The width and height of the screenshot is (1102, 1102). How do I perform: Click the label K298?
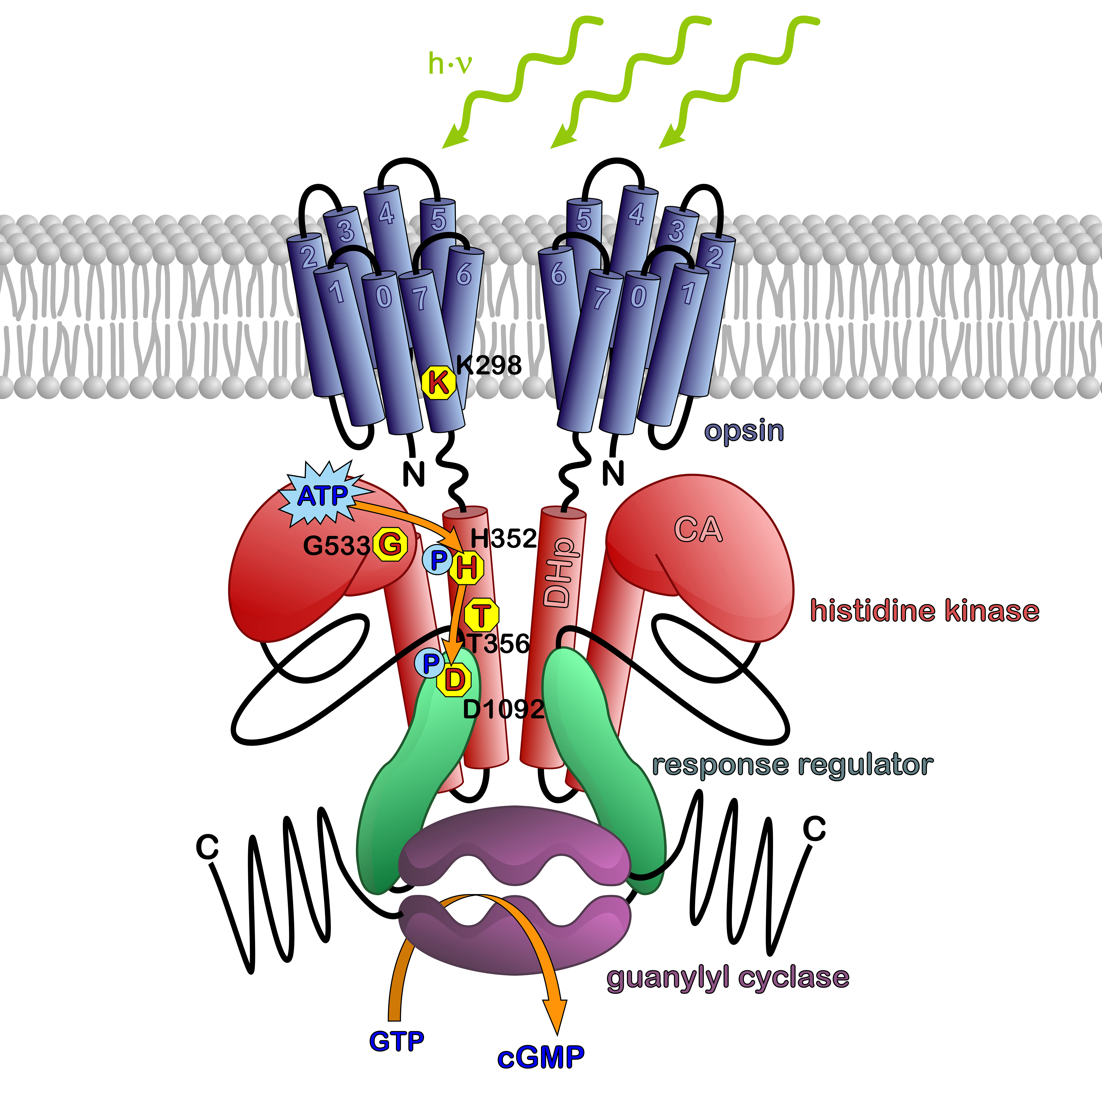coord(489,365)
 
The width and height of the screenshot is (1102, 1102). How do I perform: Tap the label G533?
coord(336,546)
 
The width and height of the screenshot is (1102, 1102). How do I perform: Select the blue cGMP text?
coord(541,1057)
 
